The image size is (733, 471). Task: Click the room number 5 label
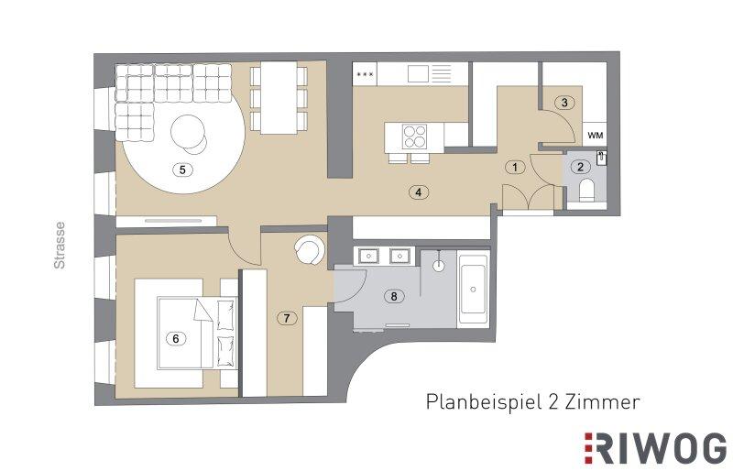click(x=182, y=170)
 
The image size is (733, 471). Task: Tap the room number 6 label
click(x=176, y=338)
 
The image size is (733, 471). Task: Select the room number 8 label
click(x=394, y=296)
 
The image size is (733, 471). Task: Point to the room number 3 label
click(x=564, y=103)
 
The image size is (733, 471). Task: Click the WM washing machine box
click(x=595, y=136)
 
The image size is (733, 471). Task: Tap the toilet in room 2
click(x=586, y=191)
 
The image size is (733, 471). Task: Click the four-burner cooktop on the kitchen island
click(x=414, y=137)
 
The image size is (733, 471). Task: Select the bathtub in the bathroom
click(x=473, y=289)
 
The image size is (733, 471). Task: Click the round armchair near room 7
click(x=309, y=249)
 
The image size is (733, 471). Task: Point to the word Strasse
click(x=60, y=245)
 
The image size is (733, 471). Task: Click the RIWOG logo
click(x=655, y=448)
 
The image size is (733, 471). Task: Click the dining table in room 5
click(x=279, y=98)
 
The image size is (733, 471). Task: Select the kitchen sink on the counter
click(x=418, y=73)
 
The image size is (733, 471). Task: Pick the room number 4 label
click(x=419, y=192)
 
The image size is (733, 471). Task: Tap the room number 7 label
click(x=287, y=319)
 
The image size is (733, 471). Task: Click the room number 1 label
click(x=515, y=167)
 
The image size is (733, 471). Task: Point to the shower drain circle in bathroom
click(x=439, y=266)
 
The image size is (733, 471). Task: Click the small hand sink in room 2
click(x=602, y=159)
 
